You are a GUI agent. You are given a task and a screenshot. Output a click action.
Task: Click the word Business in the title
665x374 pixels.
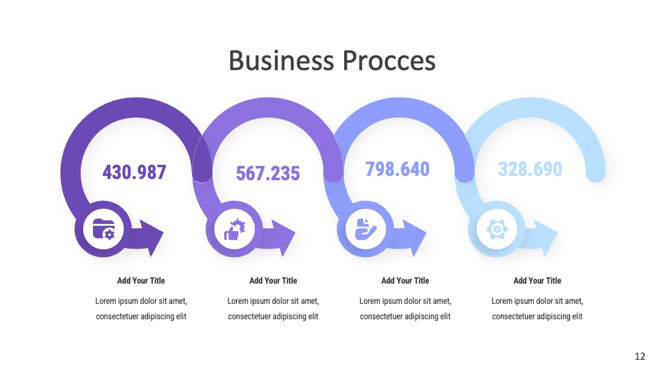click(281, 60)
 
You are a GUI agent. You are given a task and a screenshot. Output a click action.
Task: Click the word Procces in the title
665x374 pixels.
click(389, 60)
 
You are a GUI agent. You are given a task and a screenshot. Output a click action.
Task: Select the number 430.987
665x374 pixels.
click(134, 172)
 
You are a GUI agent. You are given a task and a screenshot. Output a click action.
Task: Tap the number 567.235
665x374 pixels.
click(268, 173)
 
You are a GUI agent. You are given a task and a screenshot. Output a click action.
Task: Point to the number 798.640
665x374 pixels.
click(397, 169)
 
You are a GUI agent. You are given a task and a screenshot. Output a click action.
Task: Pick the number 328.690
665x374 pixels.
click(530, 169)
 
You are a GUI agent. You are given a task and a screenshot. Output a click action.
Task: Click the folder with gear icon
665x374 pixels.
click(103, 229)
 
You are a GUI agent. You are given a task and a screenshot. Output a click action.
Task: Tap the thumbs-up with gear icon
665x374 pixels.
click(235, 229)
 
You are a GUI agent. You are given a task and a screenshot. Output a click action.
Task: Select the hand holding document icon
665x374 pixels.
click(366, 229)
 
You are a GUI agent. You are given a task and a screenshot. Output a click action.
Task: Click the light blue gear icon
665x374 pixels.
click(497, 229)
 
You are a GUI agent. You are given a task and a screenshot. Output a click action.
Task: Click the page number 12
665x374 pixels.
click(640, 356)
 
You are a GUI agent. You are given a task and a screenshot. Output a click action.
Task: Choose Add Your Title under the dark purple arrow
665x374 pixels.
click(141, 280)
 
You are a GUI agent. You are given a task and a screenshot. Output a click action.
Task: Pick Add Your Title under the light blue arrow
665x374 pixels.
click(538, 280)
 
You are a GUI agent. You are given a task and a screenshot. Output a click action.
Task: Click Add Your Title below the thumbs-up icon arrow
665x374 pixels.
click(273, 280)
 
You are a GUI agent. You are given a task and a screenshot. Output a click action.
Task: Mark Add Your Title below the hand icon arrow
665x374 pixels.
click(405, 280)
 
